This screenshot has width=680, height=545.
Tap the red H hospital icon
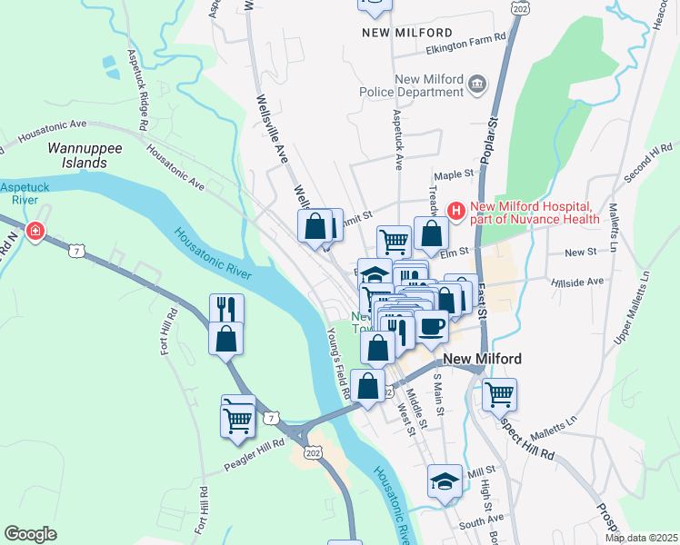(x=455, y=211)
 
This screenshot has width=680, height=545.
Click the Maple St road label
(x=455, y=173)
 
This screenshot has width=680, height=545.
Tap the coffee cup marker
(x=432, y=326)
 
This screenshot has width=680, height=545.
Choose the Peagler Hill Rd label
(x=255, y=457)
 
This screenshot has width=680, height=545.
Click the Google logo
(x=30, y=534)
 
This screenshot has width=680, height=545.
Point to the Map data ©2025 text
(x=642, y=538)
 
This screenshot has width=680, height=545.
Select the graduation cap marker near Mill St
(x=445, y=481)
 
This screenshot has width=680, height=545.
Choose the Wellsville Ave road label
(x=274, y=127)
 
